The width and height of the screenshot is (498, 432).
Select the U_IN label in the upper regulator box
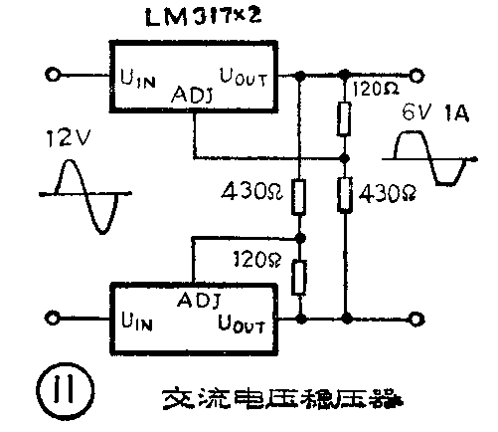(x=136, y=77)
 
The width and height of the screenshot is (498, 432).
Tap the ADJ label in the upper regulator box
(x=193, y=96)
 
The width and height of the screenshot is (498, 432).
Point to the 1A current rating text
(x=456, y=114)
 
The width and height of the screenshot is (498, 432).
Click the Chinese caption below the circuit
(x=283, y=401)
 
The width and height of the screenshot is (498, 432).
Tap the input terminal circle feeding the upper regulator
(x=55, y=73)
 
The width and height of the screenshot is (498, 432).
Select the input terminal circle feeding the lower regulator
(x=55, y=319)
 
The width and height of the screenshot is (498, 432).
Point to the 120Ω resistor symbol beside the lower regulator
(x=299, y=276)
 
